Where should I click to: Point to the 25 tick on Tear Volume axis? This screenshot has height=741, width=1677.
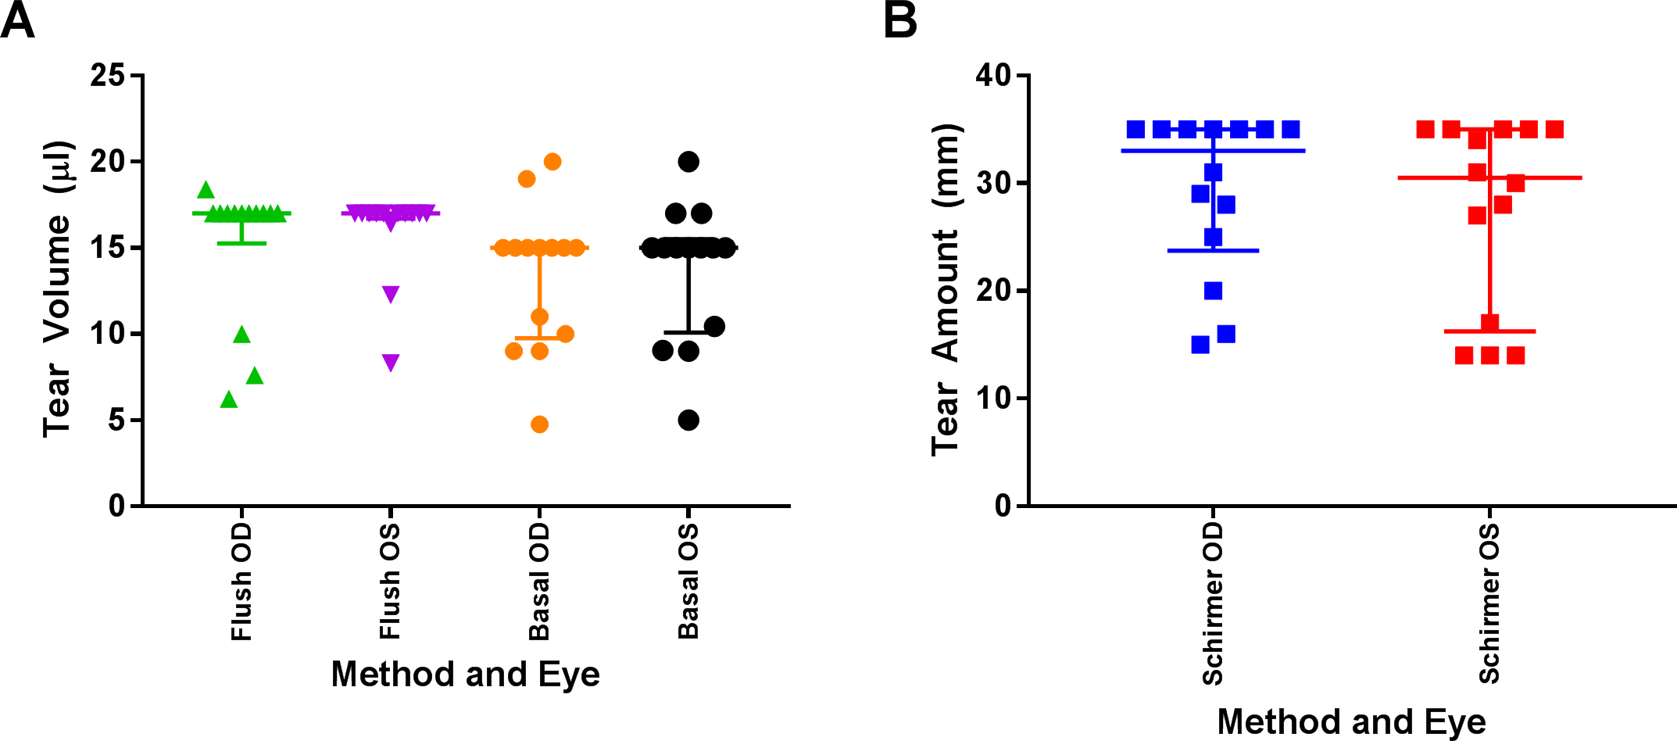tap(107, 76)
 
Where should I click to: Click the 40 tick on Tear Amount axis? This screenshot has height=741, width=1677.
tap(992, 76)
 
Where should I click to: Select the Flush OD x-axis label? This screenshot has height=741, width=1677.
tap(241, 582)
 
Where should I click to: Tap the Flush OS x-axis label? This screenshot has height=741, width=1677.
tap(390, 582)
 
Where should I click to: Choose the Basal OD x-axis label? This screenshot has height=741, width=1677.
tap(539, 582)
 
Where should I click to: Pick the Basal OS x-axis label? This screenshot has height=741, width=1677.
tap(688, 582)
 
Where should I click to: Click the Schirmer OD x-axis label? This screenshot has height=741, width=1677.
tap(1212, 604)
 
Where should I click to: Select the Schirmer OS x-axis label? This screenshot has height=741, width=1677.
tap(1489, 603)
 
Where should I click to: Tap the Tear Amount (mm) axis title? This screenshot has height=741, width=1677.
tap(945, 289)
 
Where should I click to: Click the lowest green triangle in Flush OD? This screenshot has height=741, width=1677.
tap(229, 399)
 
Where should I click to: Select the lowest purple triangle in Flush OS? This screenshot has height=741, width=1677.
tap(391, 362)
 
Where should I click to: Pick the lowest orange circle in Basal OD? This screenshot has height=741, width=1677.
tap(539, 424)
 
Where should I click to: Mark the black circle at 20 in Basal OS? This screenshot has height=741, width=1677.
tap(688, 162)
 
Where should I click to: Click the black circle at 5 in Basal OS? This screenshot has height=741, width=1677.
tap(688, 421)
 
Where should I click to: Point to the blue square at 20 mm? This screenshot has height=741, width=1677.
tap(1213, 291)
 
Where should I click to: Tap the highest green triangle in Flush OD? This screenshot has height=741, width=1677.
tap(206, 190)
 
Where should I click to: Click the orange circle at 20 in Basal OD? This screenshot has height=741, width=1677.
tap(552, 162)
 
